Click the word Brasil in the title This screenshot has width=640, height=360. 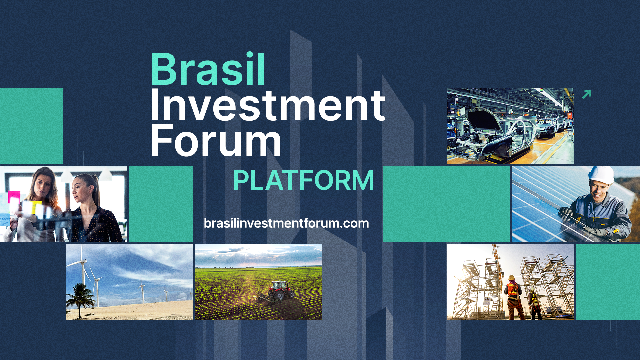(x=208, y=69)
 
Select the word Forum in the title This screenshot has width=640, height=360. (x=216, y=140)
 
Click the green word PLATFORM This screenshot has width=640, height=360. (x=303, y=180)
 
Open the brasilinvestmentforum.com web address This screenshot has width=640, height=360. (x=286, y=223)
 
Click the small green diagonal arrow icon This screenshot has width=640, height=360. (x=586, y=94)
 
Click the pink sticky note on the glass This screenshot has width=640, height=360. (x=14, y=197)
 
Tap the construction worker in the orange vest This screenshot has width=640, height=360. (x=513, y=297)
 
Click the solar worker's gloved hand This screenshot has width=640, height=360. (x=567, y=213)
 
